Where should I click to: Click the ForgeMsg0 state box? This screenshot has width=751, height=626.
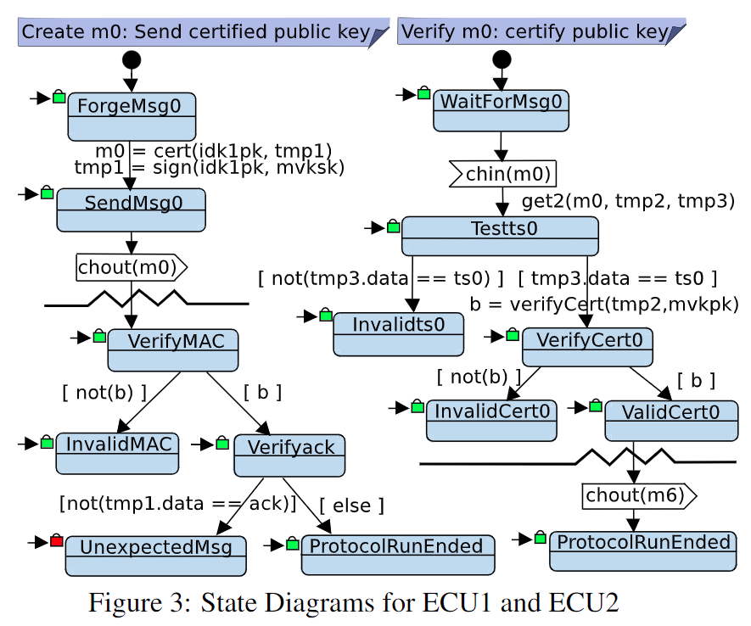pyautogui.click(x=132, y=116)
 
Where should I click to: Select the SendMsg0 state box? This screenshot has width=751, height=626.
pyautogui.click(x=131, y=210)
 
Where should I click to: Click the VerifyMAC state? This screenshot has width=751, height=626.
pyautogui.click(x=173, y=349)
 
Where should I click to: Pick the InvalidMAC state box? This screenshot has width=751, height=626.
pyautogui.click(x=117, y=452)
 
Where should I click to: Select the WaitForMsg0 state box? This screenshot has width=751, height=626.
pyautogui.click(x=501, y=111)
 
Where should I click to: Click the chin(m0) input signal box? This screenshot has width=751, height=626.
pyautogui.click(x=503, y=174)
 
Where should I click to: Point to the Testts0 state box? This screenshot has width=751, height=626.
pyautogui.click(x=500, y=236)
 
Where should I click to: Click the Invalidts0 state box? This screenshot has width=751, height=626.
pyautogui.click(x=399, y=333)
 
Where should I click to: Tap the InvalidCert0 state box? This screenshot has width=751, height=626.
pyautogui.click(x=492, y=420)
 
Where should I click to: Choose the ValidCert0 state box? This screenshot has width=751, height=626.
pyautogui.click(x=670, y=420)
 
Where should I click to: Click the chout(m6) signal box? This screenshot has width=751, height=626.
pyautogui.click(x=638, y=495)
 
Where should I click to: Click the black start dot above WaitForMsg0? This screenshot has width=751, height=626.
pyautogui.click(x=502, y=59)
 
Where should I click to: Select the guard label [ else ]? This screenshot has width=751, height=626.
pyautogui.click(x=351, y=506)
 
